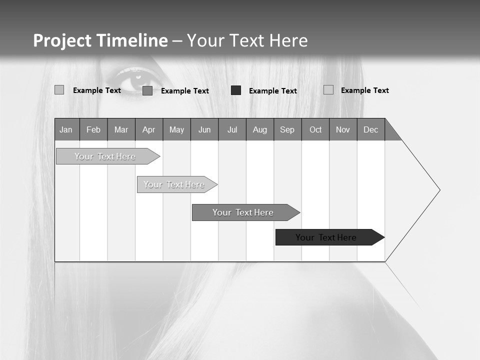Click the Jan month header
coord(66,129)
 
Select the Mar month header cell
coord(121,129)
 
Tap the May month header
coord(176,129)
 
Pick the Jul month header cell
coord(232,129)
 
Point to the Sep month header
coord(287,129)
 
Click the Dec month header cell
coord(370,129)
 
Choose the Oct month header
coord(315,129)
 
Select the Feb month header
coord(93,129)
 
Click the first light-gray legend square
coord(59,90)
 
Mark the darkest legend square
coord(236,90)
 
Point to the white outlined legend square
coord(328,90)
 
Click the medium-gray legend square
coord(147,90)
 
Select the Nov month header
coord(343,129)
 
